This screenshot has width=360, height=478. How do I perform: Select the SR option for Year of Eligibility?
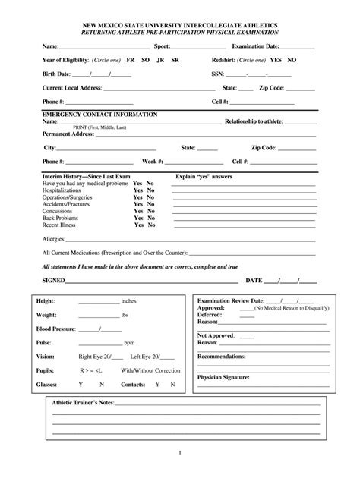[175, 60]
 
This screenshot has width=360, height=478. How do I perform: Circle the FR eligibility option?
[130, 60]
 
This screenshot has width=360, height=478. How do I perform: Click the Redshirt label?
[229, 60]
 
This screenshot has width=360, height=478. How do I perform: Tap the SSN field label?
[217, 74]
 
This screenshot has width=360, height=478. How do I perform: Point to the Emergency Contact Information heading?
[99, 114]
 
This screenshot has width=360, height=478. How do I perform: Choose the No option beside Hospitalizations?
[150, 190]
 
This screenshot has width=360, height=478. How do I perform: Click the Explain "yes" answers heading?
[204, 176]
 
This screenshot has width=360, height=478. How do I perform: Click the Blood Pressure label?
[56, 329]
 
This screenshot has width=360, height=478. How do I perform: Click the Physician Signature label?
[226, 377]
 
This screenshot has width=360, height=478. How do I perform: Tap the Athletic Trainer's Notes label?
[82, 401]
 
